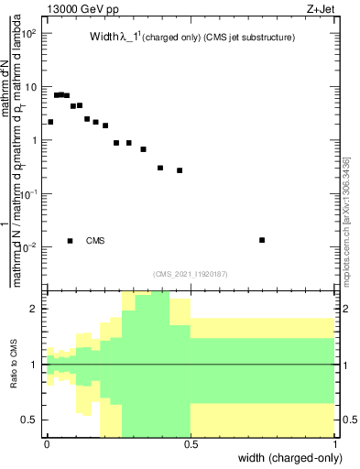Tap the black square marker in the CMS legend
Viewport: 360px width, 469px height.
[70, 241]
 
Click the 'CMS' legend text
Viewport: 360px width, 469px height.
[95, 241]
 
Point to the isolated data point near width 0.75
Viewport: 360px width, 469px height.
[262, 240]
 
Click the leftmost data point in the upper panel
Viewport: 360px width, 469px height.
[50, 122]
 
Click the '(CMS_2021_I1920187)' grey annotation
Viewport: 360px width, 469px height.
[190, 274]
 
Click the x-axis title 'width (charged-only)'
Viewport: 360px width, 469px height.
[288, 457]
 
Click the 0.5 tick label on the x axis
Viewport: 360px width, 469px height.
[191, 443]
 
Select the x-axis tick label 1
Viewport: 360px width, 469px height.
[334, 443]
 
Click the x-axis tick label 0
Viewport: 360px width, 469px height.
[47, 443]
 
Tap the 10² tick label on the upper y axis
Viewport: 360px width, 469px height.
[32, 34]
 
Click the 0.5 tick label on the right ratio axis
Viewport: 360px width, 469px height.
[348, 420]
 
